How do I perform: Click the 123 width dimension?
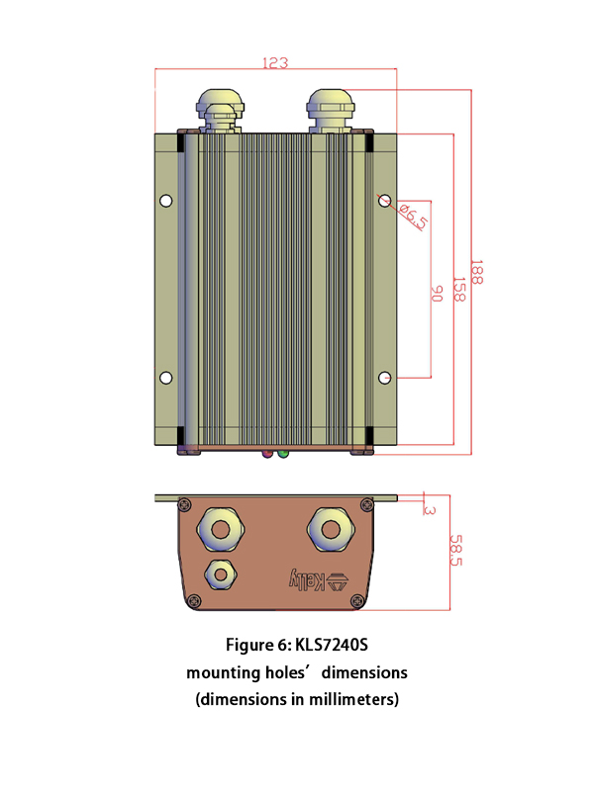click(x=275, y=62)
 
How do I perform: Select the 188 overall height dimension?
click(x=477, y=272)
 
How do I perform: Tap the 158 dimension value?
click(x=458, y=290)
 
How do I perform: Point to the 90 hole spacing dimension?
click(x=437, y=295)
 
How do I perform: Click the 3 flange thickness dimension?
click(x=429, y=509)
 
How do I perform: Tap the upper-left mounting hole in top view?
click(x=166, y=201)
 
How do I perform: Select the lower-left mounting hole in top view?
click(x=166, y=378)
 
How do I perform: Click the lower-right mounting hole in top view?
click(x=386, y=378)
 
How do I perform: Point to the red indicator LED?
click(x=267, y=454)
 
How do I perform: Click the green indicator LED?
click(x=283, y=454)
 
